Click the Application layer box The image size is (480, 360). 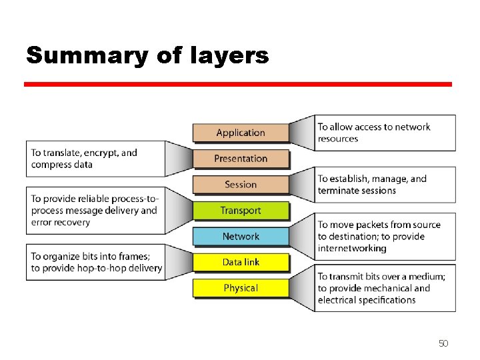[x=241, y=133]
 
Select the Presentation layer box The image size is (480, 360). [x=241, y=159]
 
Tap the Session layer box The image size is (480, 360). [x=241, y=185]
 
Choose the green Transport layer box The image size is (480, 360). [x=241, y=211]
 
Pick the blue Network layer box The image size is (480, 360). [x=241, y=237]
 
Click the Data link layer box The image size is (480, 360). [x=241, y=262]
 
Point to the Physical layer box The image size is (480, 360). [x=241, y=288]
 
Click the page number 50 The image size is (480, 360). [x=443, y=343]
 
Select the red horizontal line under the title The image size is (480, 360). [x=238, y=85]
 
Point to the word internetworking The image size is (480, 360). [x=352, y=249]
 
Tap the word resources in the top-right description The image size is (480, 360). [x=338, y=139]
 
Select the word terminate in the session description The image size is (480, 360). [x=339, y=191]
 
